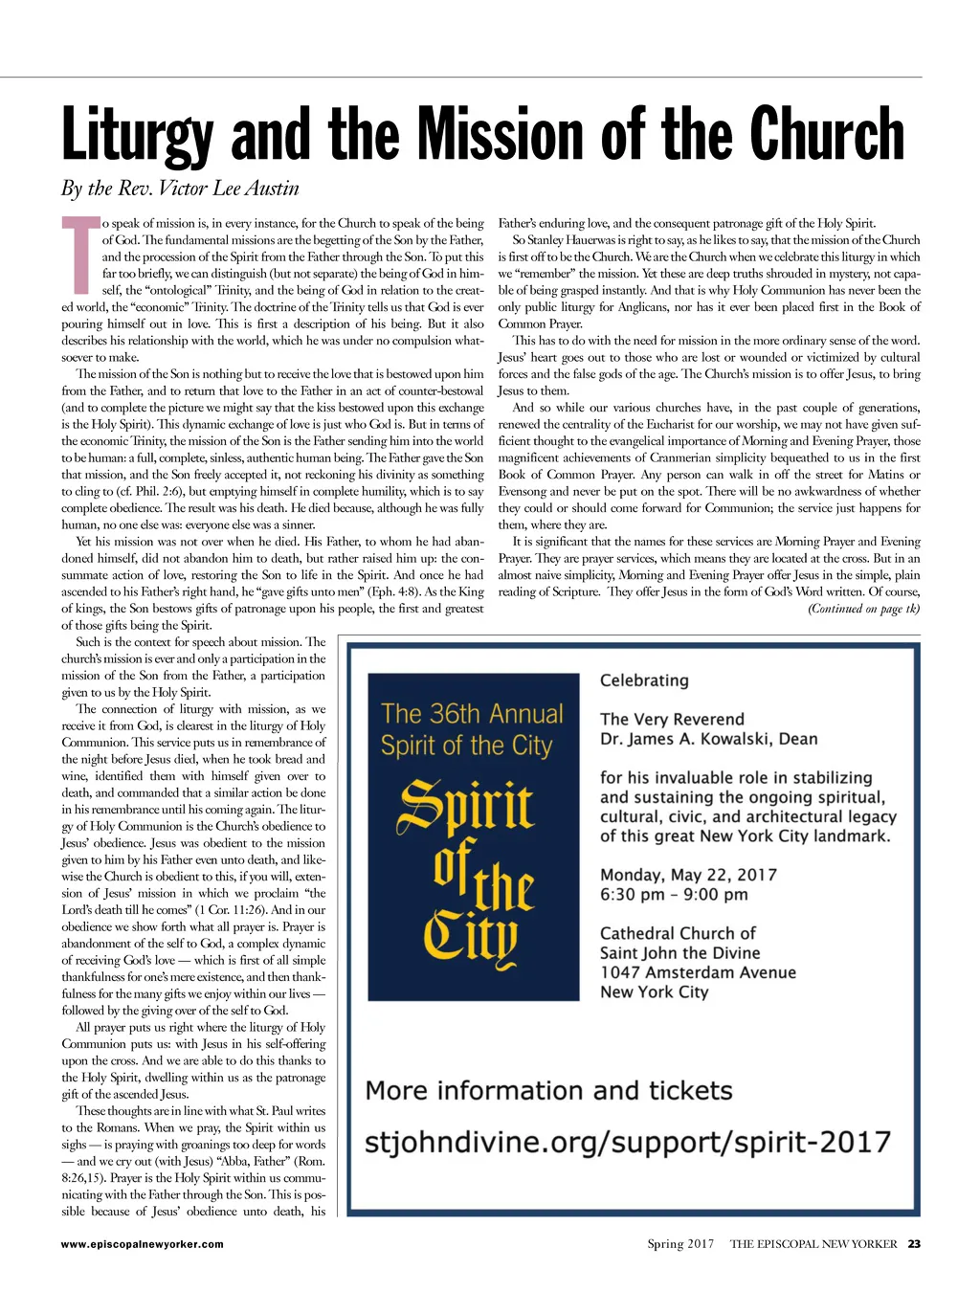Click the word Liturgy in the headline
(139, 135)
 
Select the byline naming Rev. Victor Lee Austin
(180, 189)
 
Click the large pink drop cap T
(79, 255)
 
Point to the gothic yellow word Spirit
(465, 804)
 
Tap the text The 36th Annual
(472, 714)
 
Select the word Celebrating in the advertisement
(644, 680)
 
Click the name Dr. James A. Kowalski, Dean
(708, 739)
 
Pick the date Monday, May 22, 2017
(688, 875)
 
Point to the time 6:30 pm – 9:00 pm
(674, 895)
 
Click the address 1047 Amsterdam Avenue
(698, 972)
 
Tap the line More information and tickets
(548, 1091)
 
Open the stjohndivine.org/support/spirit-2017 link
(627, 1143)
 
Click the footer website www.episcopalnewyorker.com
(142, 1244)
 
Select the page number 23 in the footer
(914, 1244)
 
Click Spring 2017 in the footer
(680, 1244)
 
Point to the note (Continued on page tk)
(863, 609)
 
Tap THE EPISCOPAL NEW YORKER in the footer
(813, 1244)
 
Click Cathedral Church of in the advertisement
(678, 933)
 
